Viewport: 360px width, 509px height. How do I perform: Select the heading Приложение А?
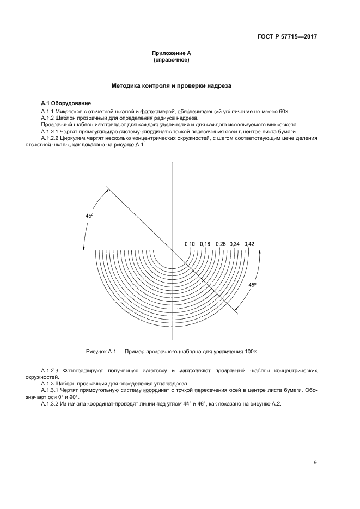point(172,53)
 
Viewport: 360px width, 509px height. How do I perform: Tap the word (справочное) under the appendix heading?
point(172,60)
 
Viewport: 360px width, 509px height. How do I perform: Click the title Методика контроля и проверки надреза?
point(172,85)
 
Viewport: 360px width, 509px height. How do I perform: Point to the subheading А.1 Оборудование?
point(66,103)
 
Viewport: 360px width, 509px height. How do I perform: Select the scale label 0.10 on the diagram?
point(190,243)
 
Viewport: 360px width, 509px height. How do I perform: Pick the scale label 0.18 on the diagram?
point(205,243)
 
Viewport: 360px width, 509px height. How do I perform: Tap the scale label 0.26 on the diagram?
point(221,243)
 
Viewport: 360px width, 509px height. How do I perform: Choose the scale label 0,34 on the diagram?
point(235,243)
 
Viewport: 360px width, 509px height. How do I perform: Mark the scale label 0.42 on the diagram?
point(249,243)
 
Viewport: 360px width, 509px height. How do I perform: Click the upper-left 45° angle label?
point(89,216)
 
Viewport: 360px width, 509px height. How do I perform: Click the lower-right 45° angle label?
point(252,285)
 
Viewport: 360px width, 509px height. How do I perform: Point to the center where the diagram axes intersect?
point(172,250)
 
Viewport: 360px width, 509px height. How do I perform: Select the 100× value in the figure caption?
point(249,352)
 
